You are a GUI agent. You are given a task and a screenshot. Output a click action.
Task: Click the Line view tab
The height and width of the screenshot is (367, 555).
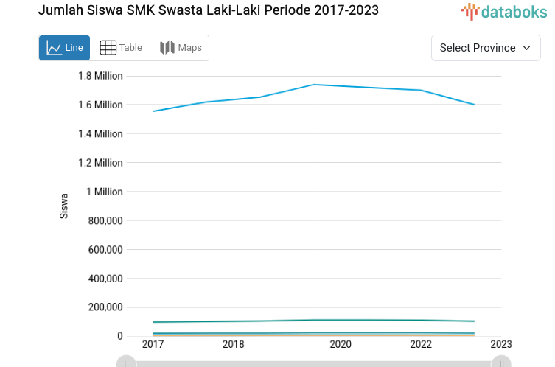(65, 48)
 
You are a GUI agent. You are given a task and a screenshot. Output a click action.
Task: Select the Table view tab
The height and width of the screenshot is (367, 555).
(121, 48)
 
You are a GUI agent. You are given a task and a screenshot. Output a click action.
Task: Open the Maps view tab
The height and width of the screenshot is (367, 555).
(181, 48)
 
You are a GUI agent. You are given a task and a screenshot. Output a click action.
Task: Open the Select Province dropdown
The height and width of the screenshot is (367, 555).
(486, 48)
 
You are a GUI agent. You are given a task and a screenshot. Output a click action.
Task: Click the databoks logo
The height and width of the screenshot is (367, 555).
(505, 11)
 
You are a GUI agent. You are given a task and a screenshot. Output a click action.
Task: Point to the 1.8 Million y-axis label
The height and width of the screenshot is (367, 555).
(100, 76)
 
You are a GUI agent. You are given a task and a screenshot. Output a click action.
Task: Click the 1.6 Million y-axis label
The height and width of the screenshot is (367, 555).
(100, 105)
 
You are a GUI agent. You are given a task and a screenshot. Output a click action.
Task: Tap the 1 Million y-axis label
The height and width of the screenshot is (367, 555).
(104, 192)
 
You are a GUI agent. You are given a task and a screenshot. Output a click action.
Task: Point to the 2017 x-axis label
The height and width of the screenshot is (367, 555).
(153, 344)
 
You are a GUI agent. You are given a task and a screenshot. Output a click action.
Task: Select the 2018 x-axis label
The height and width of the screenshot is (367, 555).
(234, 344)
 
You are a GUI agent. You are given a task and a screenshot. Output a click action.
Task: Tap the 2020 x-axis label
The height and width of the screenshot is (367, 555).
(341, 344)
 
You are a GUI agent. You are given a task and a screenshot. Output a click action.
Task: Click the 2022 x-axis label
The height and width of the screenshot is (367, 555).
(421, 344)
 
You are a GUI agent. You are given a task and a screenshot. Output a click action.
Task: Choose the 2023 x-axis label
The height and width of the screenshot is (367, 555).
(501, 344)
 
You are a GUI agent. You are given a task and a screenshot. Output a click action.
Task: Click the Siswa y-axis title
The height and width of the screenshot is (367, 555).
(64, 206)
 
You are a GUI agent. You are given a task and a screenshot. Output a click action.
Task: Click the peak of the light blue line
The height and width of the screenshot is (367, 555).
(315, 85)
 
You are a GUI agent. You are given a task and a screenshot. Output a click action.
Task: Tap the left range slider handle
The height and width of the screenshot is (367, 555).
(127, 363)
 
